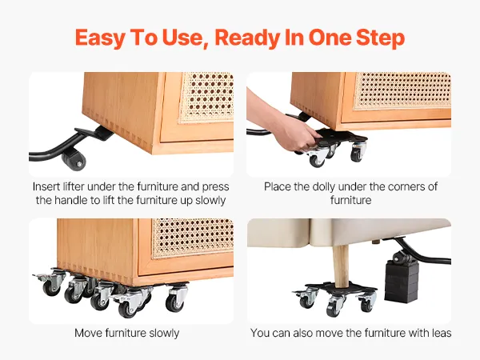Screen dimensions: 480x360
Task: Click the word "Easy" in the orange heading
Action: click(100, 38)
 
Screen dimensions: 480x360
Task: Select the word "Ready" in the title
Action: click(247, 38)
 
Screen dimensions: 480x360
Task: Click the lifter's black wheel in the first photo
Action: click(74, 160)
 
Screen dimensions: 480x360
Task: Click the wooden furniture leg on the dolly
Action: click(341, 266)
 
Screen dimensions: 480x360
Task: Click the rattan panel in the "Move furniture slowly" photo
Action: click(193, 238)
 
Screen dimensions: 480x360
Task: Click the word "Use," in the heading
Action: click(185, 38)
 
